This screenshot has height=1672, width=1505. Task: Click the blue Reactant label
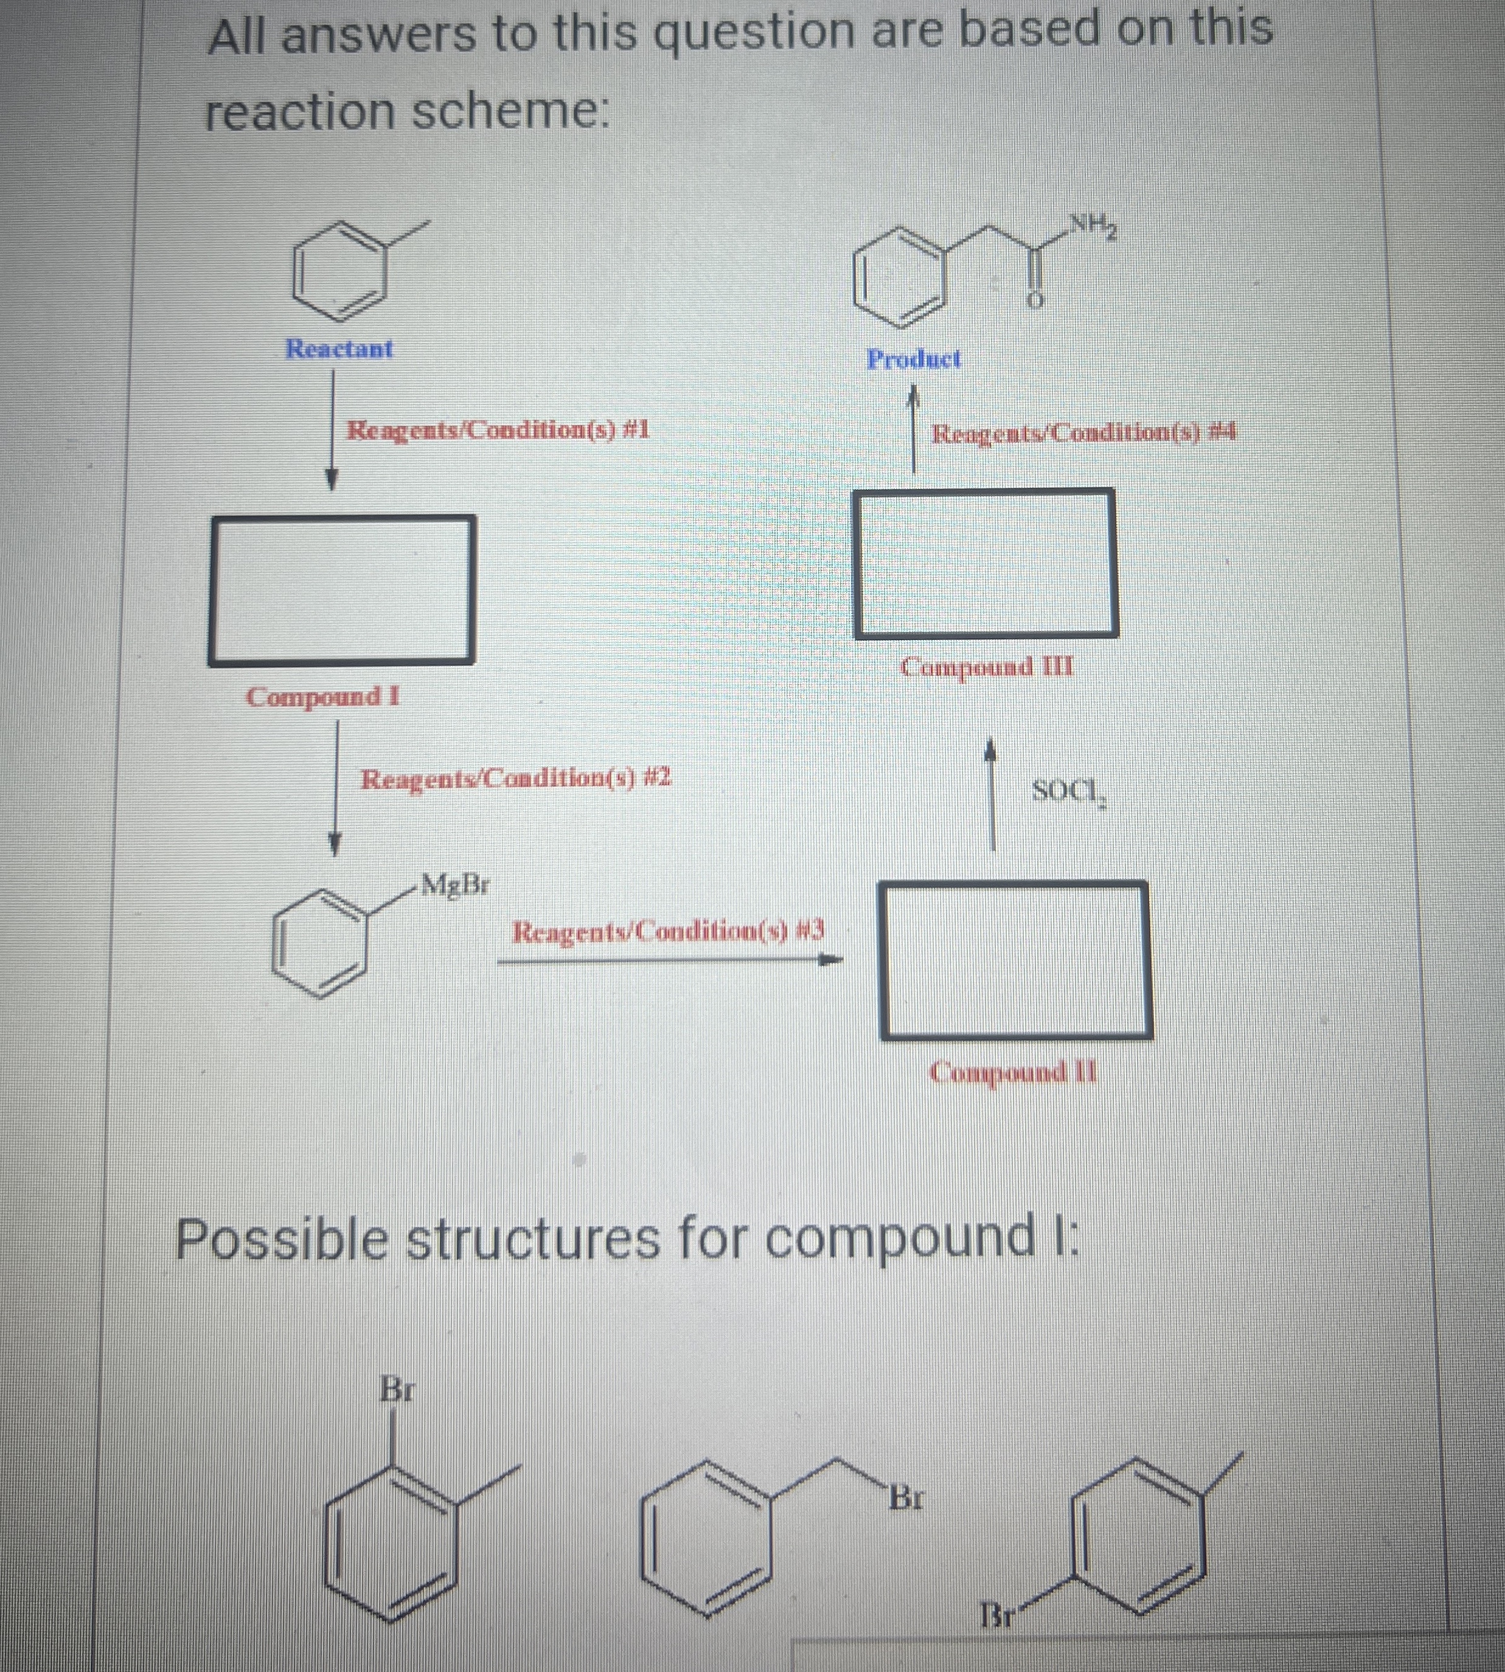[x=339, y=349]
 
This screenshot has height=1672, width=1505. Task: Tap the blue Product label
[x=914, y=359]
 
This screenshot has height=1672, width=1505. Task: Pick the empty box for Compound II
[x=1015, y=960]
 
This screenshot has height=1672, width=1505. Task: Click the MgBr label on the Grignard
[x=455, y=885]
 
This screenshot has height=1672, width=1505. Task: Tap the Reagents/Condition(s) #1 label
[x=497, y=430]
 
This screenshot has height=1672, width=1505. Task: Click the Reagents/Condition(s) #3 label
[x=668, y=932]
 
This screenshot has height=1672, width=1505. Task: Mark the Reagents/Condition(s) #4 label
[x=1083, y=432]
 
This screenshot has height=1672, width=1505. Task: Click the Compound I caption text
[x=322, y=696]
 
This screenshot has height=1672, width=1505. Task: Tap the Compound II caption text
[x=1014, y=1072]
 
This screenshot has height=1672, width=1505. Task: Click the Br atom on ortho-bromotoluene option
[x=397, y=1389]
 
